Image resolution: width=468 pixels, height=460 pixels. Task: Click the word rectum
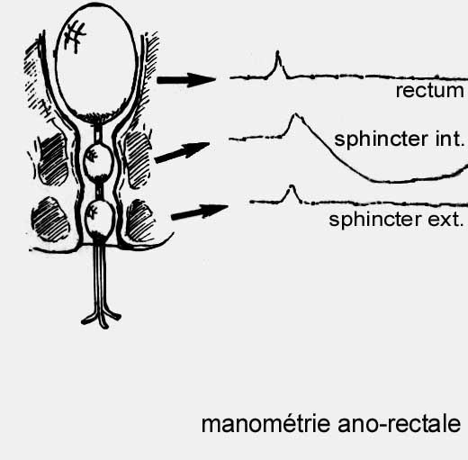[429, 90]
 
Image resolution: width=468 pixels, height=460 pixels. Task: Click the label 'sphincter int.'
[399, 140]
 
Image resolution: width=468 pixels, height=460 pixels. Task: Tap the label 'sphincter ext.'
[396, 220]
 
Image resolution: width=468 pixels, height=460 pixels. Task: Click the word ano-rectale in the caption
[399, 424]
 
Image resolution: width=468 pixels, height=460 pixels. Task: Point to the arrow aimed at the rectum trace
[186, 80]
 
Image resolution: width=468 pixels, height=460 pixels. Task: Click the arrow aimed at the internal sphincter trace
[182, 152]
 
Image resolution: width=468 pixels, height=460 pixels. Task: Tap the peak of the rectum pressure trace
[278, 51]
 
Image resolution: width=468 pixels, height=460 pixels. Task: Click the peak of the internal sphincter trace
[295, 114]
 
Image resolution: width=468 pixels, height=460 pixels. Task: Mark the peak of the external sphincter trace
[292, 185]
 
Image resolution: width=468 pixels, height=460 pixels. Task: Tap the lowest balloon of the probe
[99, 218]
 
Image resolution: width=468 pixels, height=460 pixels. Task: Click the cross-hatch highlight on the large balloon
[75, 37]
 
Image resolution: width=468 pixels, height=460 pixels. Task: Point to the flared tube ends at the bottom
[101, 319]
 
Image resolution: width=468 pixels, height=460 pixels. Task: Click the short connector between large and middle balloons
[98, 133]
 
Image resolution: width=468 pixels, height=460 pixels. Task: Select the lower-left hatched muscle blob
[50, 220]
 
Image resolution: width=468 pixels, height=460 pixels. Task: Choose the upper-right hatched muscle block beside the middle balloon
[138, 159]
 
